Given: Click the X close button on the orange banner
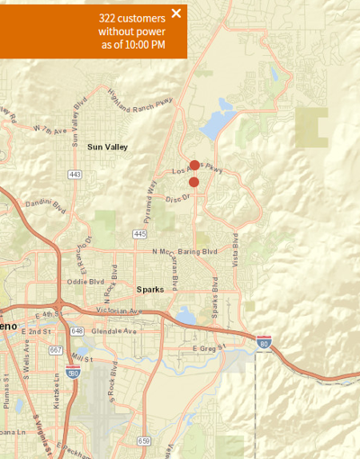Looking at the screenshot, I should tap(176, 13).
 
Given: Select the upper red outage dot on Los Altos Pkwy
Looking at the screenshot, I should tap(194, 166).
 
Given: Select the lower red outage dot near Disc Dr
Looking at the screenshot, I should tap(193, 182).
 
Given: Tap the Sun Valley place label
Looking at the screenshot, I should tap(107, 147).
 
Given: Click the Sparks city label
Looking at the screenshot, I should tap(150, 290).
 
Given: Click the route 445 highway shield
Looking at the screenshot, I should tap(139, 234).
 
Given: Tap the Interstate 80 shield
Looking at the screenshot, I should tap(264, 342).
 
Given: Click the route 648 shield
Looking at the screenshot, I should tap(77, 330).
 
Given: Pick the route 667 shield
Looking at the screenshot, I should tap(55, 351).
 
